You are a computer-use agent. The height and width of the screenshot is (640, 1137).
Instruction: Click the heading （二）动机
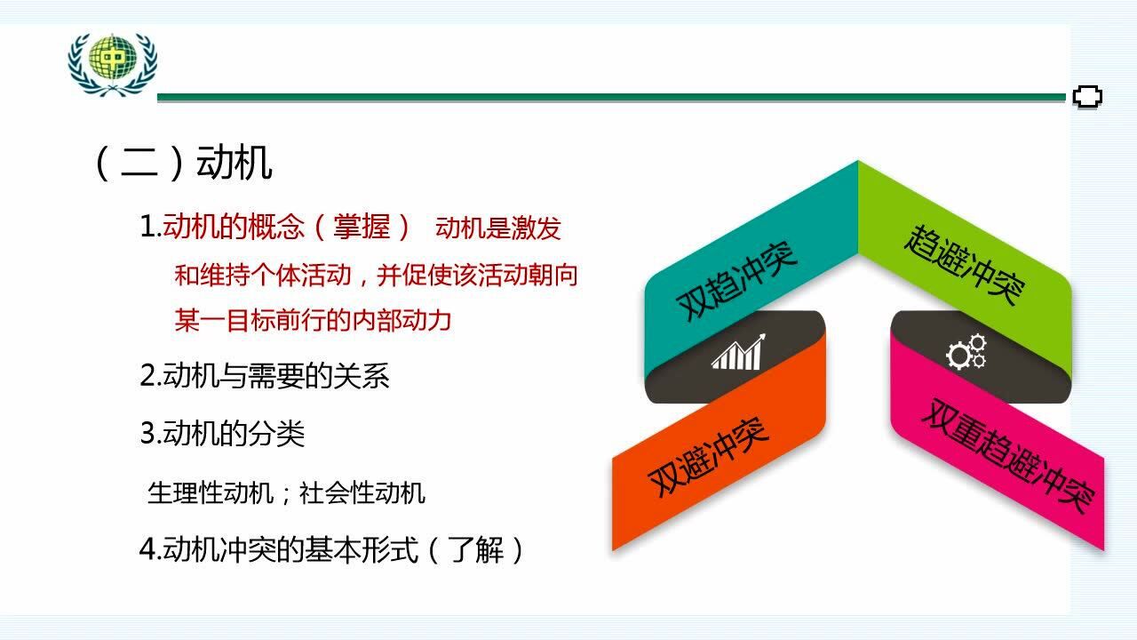(182, 163)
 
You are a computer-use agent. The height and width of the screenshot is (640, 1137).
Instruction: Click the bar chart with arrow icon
(737, 353)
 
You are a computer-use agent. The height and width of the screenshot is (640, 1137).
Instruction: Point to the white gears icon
(966, 352)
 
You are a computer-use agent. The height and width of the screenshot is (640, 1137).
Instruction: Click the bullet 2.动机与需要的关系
(265, 376)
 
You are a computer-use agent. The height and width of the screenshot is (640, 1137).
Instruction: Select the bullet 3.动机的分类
(223, 434)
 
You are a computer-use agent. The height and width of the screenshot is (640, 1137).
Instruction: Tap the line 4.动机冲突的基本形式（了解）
(333, 550)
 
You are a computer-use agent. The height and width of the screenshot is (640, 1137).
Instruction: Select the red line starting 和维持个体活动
(376, 275)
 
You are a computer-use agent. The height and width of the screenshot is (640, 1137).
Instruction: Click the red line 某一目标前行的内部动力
(313, 320)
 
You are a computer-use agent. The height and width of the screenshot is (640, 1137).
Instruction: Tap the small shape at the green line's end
(1088, 96)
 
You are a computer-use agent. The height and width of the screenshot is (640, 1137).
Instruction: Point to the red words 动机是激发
(498, 228)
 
